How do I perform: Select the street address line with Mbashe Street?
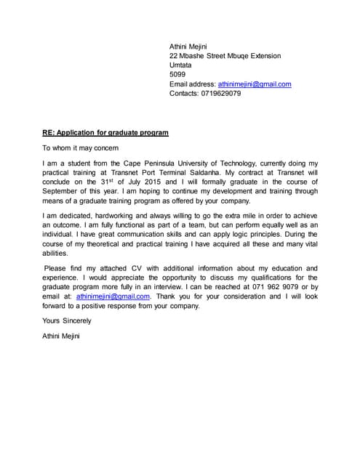[x=225, y=56]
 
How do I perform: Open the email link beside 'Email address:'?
[x=255, y=84]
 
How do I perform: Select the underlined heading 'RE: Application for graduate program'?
[x=105, y=133]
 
